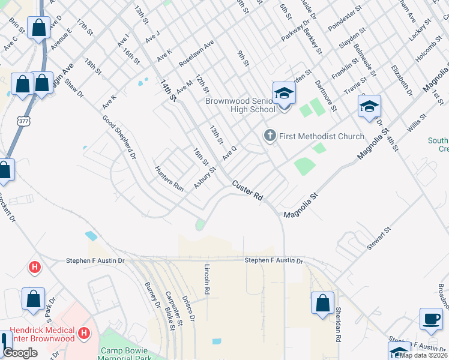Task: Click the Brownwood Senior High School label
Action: (240, 105)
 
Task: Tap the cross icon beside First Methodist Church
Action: (270, 136)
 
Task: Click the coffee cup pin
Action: (430, 319)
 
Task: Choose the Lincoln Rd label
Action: (207, 279)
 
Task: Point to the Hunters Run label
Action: (169, 178)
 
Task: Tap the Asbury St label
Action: (205, 178)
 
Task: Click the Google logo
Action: (20, 353)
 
